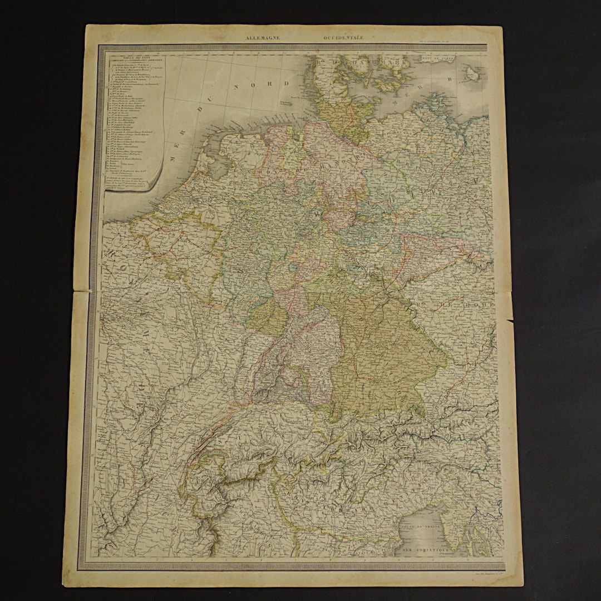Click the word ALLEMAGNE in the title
pyautogui.click(x=263, y=38)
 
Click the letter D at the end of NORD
pyautogui.click(x=287, y=83)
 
